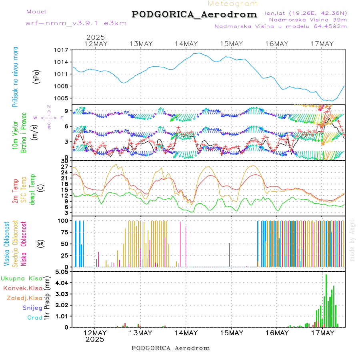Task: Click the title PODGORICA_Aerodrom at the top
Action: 194,14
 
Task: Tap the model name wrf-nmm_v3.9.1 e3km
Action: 76,23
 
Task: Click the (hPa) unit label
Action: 36,76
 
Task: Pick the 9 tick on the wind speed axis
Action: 67,111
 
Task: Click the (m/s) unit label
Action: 36,130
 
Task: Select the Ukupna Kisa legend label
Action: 22,278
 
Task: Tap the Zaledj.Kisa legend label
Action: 24,298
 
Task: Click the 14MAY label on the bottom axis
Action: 186,333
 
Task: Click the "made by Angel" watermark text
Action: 352,240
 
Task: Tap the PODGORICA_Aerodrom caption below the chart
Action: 171,348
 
